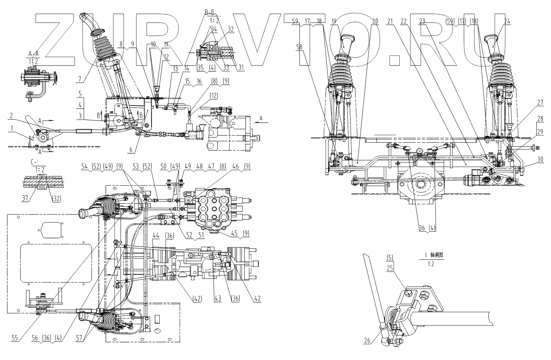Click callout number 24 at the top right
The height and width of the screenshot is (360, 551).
507,21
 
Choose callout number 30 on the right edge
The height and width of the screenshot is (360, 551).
540,159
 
